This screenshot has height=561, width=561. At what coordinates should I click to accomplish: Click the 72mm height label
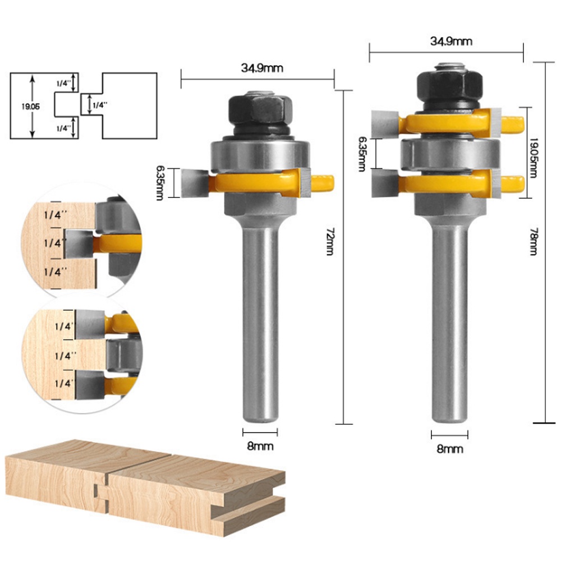(330, 241)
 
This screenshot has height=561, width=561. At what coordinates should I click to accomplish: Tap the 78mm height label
(534, 241)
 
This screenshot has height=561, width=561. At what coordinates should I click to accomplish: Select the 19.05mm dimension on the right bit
(533, 158)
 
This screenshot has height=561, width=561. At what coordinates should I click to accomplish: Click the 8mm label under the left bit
(260, 446)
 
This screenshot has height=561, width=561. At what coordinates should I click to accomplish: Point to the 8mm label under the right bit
(450, 449)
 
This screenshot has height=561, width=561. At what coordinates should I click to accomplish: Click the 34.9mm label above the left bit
(262, 68)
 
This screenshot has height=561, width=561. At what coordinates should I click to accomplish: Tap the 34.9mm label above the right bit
(451, 41)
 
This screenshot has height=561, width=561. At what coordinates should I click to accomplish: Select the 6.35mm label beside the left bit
(160, 183)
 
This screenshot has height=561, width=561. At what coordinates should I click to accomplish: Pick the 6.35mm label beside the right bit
(362, 154)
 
